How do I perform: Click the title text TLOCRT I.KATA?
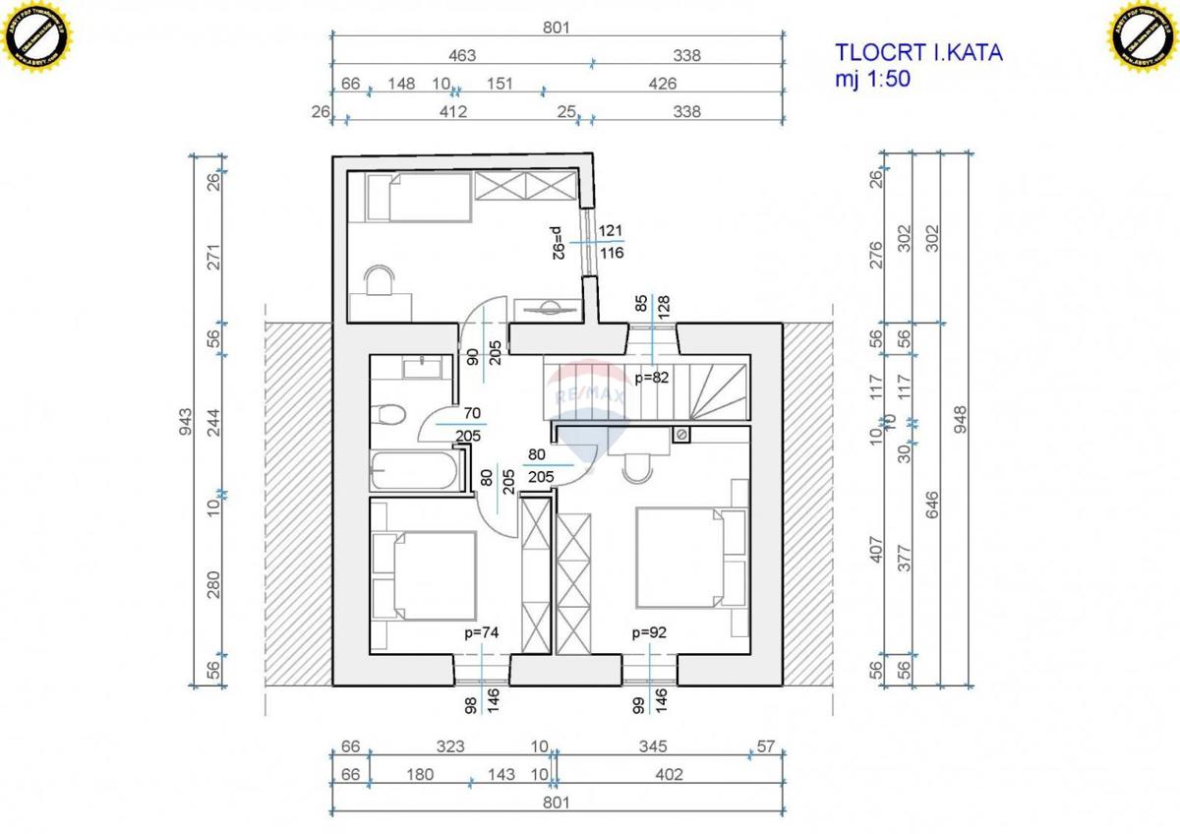pyautogui.click(x=918, y=53)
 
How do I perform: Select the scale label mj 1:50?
pyautogui.click(x=872, y=81)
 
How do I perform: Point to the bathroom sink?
pyautogui.click(x=425, y=368)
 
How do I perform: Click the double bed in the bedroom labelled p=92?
pyautogui.click(x=688, y=557)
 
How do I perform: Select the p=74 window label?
pyautogui.click(x=482, y=633)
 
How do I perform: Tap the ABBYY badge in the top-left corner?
pyautogui.click(x=39, y=37)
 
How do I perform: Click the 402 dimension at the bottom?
pyautogui.click(x=668, y=775)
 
